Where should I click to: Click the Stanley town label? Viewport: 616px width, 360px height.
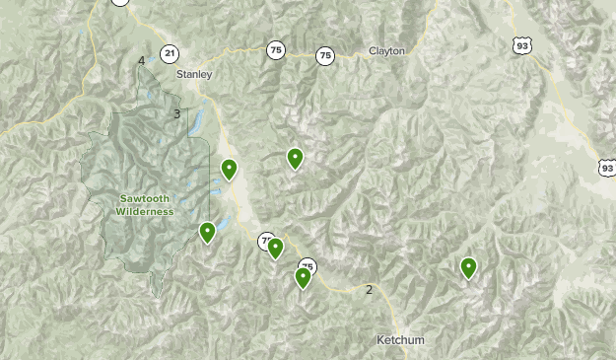(194, 74)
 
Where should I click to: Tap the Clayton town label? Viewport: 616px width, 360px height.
(386, 51)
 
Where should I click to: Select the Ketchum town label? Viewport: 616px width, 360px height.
(400, 340)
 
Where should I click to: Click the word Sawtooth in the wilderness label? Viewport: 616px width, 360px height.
(144, 198)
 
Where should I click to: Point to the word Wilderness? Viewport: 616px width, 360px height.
(144, 211)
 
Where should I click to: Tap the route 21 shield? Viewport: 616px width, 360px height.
(171, 53)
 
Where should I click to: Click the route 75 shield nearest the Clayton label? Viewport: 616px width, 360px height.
(325, 56)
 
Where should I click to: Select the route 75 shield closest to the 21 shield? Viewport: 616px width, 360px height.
(275, 48)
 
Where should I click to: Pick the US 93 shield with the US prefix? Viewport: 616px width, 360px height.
(521, 44)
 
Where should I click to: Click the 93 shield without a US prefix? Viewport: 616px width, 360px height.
(606, 169)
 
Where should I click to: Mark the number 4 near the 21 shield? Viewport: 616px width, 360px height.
(142, 61)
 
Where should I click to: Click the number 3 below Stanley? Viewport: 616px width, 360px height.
(177, 114)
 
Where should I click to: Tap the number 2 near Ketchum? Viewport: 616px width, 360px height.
(370, 289)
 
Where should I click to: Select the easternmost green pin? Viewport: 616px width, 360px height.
(468, 266)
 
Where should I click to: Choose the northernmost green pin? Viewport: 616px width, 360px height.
(294, 158)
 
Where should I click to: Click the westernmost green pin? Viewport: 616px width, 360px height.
(207, 232)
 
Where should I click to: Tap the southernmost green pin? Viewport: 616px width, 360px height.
(303, 277)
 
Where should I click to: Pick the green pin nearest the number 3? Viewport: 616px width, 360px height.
(229, 170)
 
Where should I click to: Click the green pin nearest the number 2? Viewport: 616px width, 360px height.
(303, 277)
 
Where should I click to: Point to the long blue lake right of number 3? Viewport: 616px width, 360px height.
(195, 122)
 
